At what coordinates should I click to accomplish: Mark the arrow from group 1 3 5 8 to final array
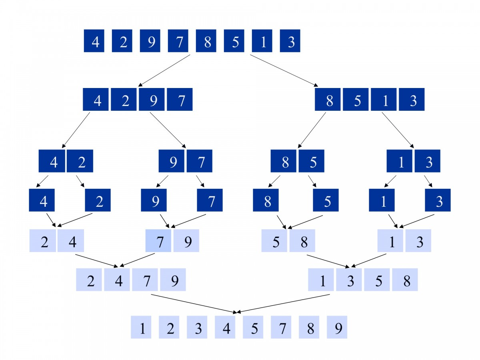coord(284,303)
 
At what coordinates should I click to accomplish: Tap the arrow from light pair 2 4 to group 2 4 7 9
coord(98,260)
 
